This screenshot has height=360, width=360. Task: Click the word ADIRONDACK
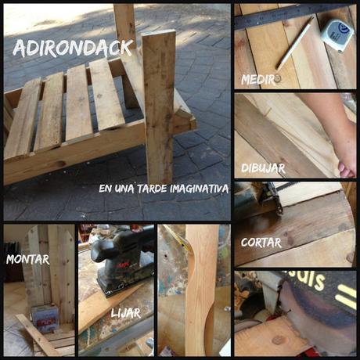coord(73,49)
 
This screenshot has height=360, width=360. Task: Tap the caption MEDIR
coord(257,80)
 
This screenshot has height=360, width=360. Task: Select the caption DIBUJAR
coord(263,168)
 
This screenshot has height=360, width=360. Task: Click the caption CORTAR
coord(261,243)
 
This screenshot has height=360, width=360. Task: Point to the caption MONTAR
coord(28,260)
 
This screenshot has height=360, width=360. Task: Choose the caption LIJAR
coord(126,313)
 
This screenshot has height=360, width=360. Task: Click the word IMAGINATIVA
coord(200,189)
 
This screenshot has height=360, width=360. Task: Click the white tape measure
coord(337,34)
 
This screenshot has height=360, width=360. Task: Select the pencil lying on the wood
coord(295,43)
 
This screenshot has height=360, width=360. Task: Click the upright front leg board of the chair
coord(159,107)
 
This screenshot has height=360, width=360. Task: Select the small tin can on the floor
coord(45,319)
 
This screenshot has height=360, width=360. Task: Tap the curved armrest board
coord(202,290)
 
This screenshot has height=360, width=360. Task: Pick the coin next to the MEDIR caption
coord(278,78)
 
